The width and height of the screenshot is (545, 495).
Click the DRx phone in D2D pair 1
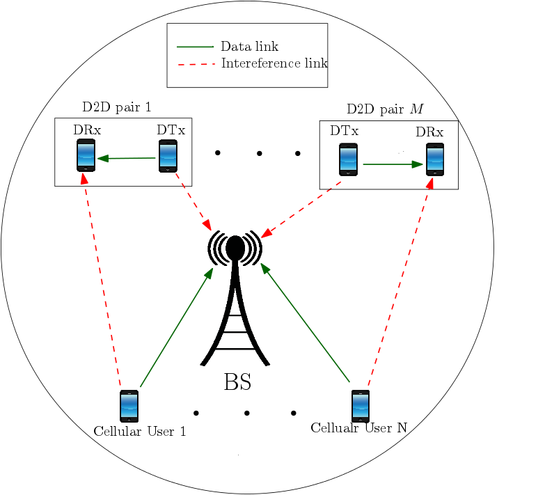pyautogui.click(x=86, y=155)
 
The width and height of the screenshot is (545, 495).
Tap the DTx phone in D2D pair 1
pyautogui.click(x=168, y=156)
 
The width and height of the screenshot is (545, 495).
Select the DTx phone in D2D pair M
pyautogui.click(x=348, y=159)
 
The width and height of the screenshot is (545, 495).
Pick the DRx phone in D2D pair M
pyautogui.click(x=435, y=159)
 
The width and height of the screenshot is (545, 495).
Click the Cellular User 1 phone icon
pyautogui.click(x=129, y=406)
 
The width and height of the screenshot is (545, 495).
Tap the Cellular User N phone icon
pyautogui.click(x=360, y=406)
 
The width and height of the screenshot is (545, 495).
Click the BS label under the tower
pyautogui.click(x=237, y=382)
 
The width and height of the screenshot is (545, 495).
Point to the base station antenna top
pyautogui.click(x=235, y=246)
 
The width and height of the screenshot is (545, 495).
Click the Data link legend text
pyautogui.click(x=249, y=47)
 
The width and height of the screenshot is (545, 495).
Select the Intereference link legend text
pyautogui.click(x=274, y=63)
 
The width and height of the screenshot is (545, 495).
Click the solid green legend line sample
pyautogui.click(x=195, y=47)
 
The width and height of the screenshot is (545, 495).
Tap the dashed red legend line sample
pyautogui.click(x=195, y=64)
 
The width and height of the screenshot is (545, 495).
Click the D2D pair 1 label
pyautogui.click(x=116, y=107)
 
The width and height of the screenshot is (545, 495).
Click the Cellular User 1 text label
pyautogui.click(x=140, y=432)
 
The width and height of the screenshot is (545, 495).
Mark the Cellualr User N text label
pyautogui.click(x=358, y=427)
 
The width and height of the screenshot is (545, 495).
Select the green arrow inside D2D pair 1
pyautogui.click(x=127, y=159)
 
